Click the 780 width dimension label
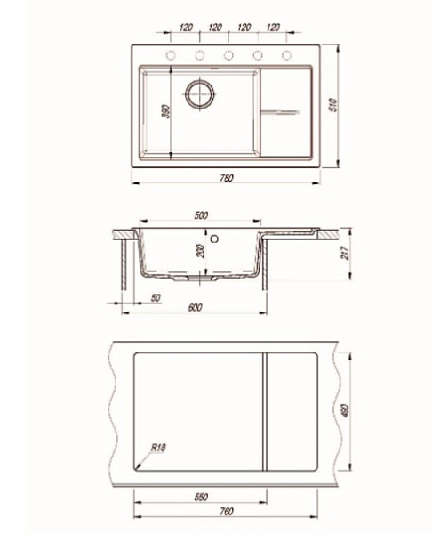(227, 178)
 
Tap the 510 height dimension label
(332, 104)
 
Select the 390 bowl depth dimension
(166, 112)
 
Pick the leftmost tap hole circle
(171, 55)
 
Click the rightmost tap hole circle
(286, 55)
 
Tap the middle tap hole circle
(228, 55)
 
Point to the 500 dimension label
(201, 215)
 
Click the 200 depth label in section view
(201, 251)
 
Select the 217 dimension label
(346, 253)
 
